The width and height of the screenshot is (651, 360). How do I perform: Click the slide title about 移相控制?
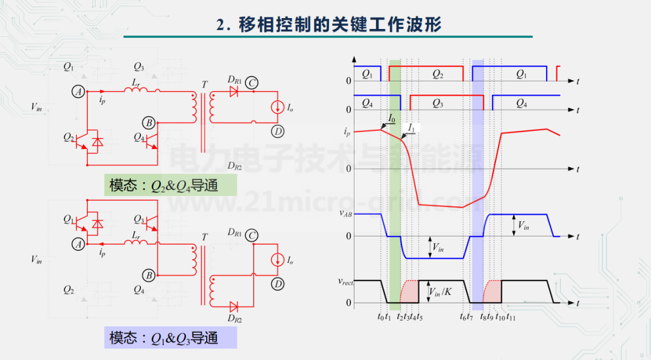329,25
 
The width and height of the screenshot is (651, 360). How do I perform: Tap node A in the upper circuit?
77,92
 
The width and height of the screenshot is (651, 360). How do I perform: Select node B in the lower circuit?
148,276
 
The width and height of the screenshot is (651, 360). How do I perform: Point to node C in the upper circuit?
253,83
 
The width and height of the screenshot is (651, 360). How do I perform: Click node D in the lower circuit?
277,283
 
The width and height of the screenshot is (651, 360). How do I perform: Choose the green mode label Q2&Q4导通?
171,185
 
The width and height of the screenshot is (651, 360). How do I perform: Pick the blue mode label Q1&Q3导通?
171,338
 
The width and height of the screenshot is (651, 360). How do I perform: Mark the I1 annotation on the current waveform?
412,128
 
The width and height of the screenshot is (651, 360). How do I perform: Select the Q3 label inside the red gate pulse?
438,103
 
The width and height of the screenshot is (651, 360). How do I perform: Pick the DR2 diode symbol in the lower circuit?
234,305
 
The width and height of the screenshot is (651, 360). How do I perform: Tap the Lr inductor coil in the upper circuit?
136,90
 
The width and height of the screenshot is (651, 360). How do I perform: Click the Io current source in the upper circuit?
277,107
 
